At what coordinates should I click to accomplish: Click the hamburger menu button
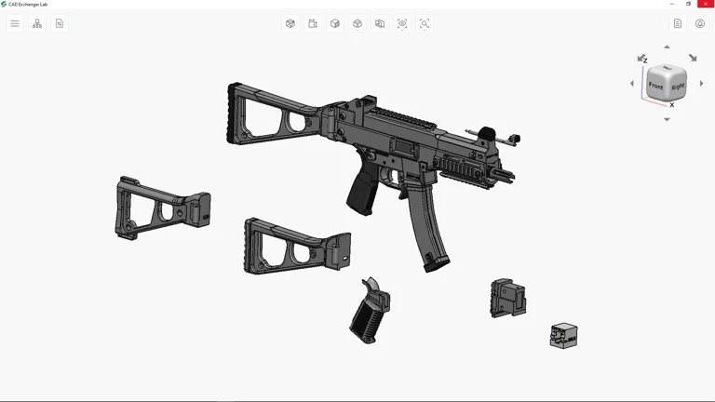tap(15, 23)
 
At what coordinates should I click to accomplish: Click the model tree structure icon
tap(37, 23)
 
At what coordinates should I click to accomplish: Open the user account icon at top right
tap(700, 23)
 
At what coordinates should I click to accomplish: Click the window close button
tap(706, 4)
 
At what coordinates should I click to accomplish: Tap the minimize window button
tap(672, 4)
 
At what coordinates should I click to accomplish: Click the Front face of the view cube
tap(656, 87)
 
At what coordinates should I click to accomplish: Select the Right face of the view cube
tap(678, 87)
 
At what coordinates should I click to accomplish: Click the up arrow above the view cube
tap(667, 47)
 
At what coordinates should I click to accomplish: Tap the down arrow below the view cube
tap(667, 119)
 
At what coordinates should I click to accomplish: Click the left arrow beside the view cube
tap(632, 84)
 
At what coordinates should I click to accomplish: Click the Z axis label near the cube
tap(645, 60)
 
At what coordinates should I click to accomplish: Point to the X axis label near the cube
tap(672, 105)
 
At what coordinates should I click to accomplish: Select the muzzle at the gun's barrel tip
tap(507, 174)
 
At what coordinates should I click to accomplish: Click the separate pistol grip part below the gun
tap(371, 311)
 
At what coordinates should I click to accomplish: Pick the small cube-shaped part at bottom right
tap(563, 335)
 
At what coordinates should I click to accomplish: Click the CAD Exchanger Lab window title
tap(28, 4)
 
